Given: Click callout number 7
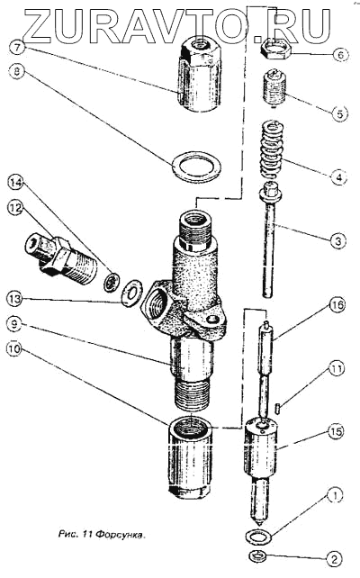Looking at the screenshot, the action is click(x=19, y=47).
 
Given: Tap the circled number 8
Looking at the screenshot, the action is click(x=16, y=71).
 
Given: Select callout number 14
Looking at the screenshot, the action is click(x=16, y=182).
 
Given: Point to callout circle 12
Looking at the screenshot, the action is click(x=15, y=208).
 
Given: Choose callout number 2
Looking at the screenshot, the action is click(x=335, y=559).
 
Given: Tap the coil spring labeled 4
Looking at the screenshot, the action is click(x=273, y=149).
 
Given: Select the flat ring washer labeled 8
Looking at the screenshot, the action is click(x=197, y=167).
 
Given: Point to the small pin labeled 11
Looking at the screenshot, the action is click(x=278, y=408).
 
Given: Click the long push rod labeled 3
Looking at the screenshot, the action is click(x=272, y=240).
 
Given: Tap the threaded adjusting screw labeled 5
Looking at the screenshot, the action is click(x=274, y=88).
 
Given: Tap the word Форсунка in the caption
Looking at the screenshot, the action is click(x=121, y=534).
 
